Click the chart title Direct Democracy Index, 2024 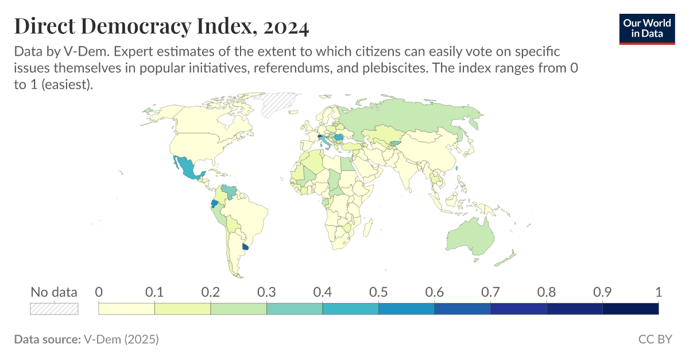coord(161,26)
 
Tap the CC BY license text coord(655,339)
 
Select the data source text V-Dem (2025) coord(121,339)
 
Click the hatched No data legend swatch coord(54,309)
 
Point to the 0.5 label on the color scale coord(378,292)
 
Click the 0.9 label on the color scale coord(602,292)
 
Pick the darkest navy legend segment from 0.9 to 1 coord(630,309)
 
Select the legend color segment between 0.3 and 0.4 coord(295,309)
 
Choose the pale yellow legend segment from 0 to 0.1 coord(127,309)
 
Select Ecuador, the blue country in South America coord(214,204)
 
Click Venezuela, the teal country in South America coord(230,191)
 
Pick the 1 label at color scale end coord(658,292)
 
